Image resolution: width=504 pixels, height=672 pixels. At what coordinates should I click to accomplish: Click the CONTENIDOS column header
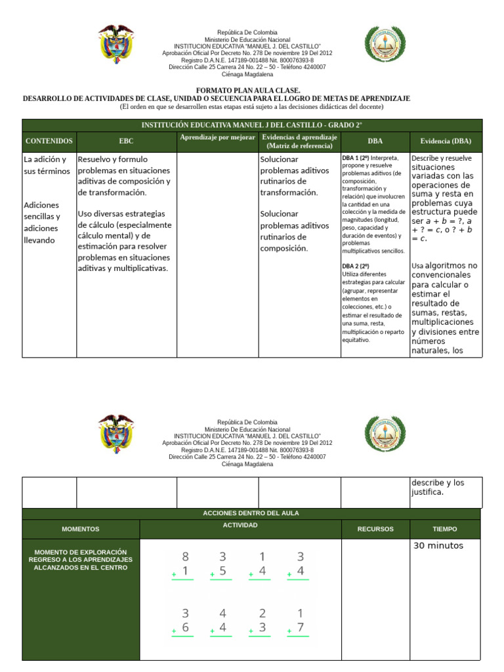pyautogui.click(x=49, y=141)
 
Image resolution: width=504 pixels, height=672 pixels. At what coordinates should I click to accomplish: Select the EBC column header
pyautogui.click(x=126, y=141)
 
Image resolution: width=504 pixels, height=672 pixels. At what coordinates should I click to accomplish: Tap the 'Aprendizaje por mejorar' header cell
pyautogui.click(x=217, y=137)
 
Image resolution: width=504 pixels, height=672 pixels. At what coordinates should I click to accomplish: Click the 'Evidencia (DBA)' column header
pyautogui.click(x=446, y=141)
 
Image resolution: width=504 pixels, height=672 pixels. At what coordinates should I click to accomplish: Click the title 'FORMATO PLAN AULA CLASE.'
pyautogui.click(x=248, y=90)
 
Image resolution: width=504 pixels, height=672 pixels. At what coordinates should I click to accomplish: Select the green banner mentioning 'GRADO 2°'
pyautogui.click(x=252, y=125)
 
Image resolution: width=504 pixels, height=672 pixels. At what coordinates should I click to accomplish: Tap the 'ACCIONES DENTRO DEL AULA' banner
pyautogui.click(x=251, y=513)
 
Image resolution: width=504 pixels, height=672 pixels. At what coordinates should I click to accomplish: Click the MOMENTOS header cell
pyautogui.click(x=81, y=529)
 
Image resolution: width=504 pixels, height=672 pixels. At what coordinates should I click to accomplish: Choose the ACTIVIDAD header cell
pyautogui.click(x=240, y=525)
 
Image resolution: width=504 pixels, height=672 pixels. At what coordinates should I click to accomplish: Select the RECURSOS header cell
pyautogui.click(x=375, y=529)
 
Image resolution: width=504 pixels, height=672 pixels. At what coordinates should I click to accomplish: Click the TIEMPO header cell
pyautogui.click(x=445, y=529)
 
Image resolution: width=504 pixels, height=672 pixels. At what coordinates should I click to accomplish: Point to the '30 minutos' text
pyautogui.click(x=438, y=546)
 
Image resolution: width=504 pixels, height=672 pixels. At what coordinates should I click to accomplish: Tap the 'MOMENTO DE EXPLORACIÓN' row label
pyautogui.click(x=81, y=559)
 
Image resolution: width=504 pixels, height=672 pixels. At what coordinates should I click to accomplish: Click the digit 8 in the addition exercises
pyautogui.click(x=185, y=556)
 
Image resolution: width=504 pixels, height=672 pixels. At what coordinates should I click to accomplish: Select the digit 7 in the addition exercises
pyautogui.click(x=300, y=628)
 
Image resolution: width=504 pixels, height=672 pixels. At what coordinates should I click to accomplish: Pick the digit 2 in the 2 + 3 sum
pyautogui.click(x=262, y=613)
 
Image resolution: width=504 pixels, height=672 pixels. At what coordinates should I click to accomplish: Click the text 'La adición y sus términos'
pyautogui.click(x=45, y=165)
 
